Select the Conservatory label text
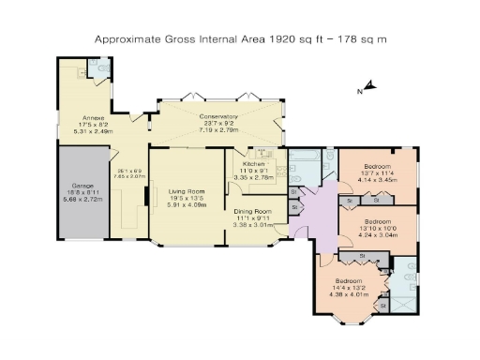[x=218, y=117]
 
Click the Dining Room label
[x=253, y=212]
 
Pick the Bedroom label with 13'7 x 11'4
[x=378, y=165]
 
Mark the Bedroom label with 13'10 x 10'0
[x=378, y=223]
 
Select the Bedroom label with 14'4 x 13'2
[x=348, y=282]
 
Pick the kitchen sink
[x=263, y=154]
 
